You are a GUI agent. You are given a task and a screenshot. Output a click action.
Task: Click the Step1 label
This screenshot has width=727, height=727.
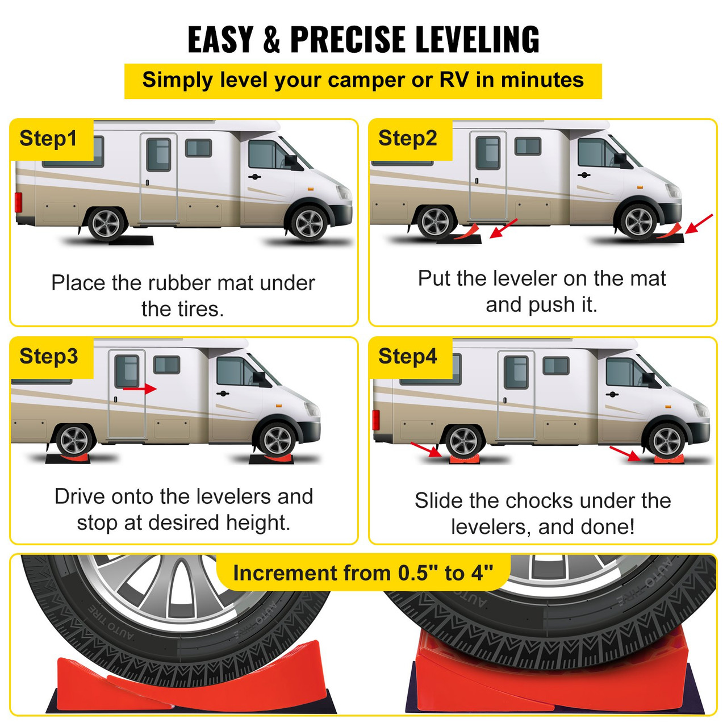(48, 139)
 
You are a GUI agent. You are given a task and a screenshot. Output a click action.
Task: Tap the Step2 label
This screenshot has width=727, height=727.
(408, 138)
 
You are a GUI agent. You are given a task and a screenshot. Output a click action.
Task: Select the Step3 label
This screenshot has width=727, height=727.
(49, 356)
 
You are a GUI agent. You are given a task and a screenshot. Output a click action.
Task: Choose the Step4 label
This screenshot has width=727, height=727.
(408, 356)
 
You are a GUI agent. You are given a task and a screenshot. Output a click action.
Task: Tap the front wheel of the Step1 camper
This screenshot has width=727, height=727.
(310, 223)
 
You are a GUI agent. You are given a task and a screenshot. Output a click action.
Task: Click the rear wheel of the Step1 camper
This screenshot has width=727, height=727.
(106, 224)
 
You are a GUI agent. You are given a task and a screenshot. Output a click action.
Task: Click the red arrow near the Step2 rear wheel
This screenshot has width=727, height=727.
(503, 228)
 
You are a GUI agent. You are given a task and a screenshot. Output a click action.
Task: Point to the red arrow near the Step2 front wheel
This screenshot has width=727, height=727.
(699, 224)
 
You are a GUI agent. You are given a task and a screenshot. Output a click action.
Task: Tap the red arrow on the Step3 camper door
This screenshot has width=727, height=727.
(140, 388)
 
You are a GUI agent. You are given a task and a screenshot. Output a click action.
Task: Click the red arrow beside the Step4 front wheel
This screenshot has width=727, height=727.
(625, 454)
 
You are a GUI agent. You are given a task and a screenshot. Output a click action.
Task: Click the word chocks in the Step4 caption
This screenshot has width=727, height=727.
(540, 501)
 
